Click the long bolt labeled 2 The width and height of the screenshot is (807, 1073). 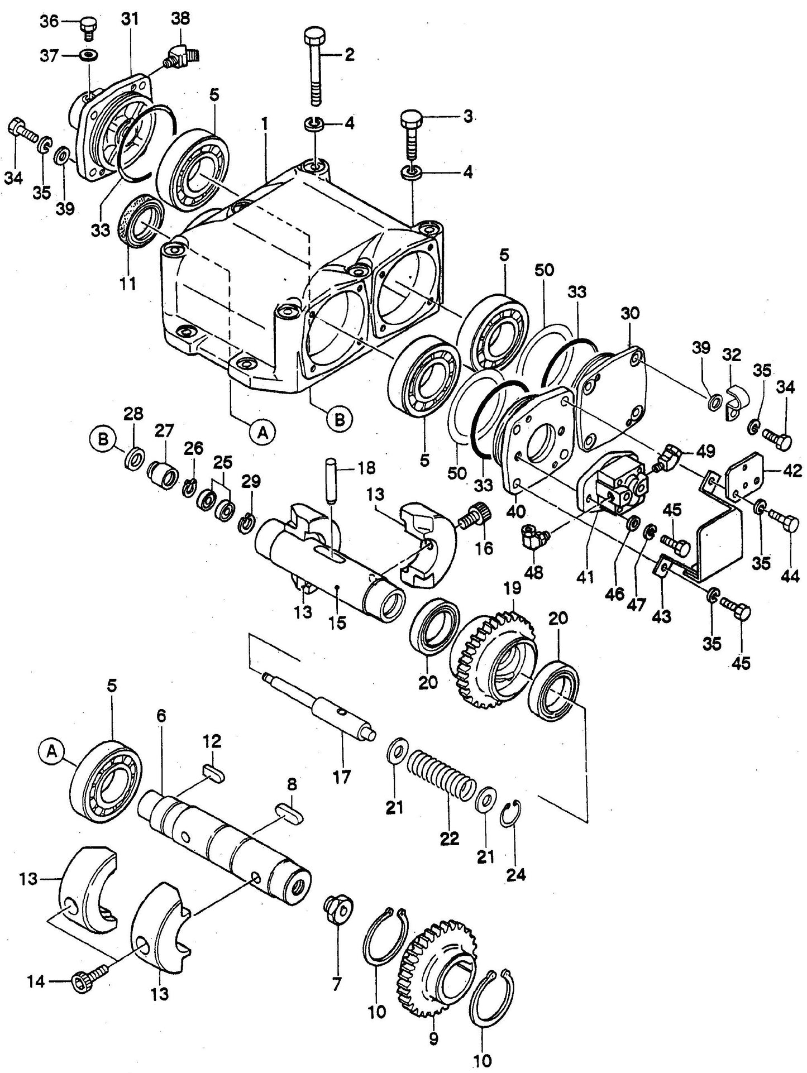[314, 68]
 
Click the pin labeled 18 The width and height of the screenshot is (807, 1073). [331, 481]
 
